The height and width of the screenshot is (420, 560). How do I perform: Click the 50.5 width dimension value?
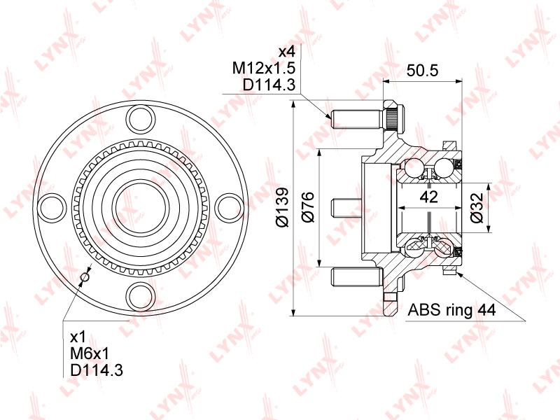coord(423,71)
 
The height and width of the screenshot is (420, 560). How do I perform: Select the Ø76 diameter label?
coord(309,208)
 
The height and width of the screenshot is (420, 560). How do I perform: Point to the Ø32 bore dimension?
coord(477,208)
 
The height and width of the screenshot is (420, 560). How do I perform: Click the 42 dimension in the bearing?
coord(429,197)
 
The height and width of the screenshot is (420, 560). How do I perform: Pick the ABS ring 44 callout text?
coord(451,310)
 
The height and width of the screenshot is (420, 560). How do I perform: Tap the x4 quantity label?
coord(287,52)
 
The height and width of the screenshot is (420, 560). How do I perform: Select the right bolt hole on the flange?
coord(229,207)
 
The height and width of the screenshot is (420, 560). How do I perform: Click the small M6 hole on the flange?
coord(85,278)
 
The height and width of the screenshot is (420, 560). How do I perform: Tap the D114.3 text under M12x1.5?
coord(260,85)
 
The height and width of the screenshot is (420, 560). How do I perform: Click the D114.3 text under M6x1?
coord(97,370)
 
